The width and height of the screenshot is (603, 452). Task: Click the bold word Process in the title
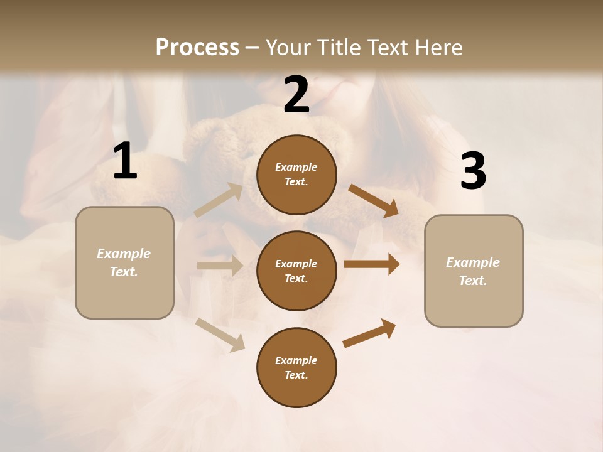click(197, 48)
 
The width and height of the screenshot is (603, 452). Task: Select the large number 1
click(124, 161)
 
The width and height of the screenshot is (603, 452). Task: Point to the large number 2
click(296, 95)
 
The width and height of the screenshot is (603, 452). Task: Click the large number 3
click(473, 171)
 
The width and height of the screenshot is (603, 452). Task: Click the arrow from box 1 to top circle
click(219, 200)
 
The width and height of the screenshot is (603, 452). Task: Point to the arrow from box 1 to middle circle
click(219, 266)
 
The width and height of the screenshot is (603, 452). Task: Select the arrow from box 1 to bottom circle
click(220, 334)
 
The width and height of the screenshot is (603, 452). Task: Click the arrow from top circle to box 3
click(373, 200)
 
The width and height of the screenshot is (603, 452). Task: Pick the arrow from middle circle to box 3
click(371, 264)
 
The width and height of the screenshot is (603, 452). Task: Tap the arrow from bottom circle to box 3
click(369, 333)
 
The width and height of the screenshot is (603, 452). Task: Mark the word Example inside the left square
click(124, 254)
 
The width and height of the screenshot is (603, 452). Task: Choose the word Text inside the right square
click(472, 281)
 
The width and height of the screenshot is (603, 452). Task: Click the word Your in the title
click(290, 48)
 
